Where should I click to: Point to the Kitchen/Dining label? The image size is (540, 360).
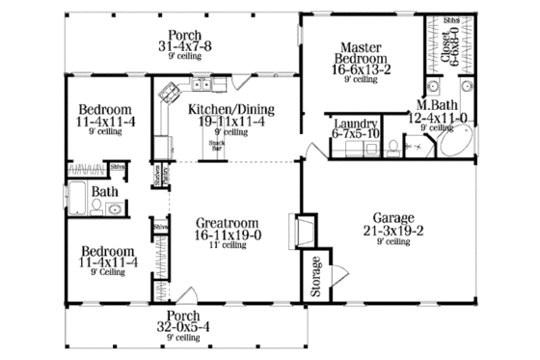click(x=222, y=109)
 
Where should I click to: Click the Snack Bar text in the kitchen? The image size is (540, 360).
click(x=218, y=146)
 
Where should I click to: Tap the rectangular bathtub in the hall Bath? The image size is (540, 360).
click(x=78, y=200)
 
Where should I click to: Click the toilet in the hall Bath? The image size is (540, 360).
click(x=113, y=208)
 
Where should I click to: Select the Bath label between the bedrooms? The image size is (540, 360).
click(x=104, y=191)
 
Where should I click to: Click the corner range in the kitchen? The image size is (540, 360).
click(x=171, y=93)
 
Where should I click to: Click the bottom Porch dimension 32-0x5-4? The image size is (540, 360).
click(x=183, y=327)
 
